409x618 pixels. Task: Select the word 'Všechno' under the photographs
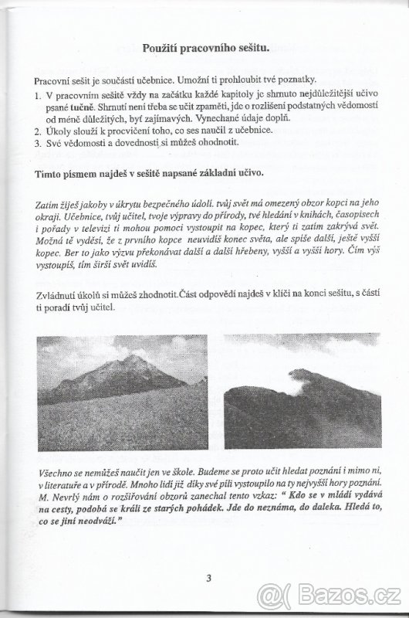click(x=56, y=474)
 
